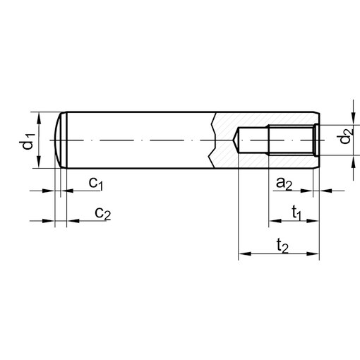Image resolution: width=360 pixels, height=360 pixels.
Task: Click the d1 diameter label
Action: tap(26, 140)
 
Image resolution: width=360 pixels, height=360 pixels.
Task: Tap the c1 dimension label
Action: tap(97, 184)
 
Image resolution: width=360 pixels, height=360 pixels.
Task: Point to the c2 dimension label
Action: tap(102, 213)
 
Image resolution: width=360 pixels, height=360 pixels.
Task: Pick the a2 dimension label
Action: tap(284, 184)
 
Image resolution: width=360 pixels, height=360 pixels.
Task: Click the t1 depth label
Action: tap(297, 213)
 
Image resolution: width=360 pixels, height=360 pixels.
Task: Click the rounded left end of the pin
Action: tap(59, 140)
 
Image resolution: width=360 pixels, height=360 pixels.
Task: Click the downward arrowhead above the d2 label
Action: tap(352, 121)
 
